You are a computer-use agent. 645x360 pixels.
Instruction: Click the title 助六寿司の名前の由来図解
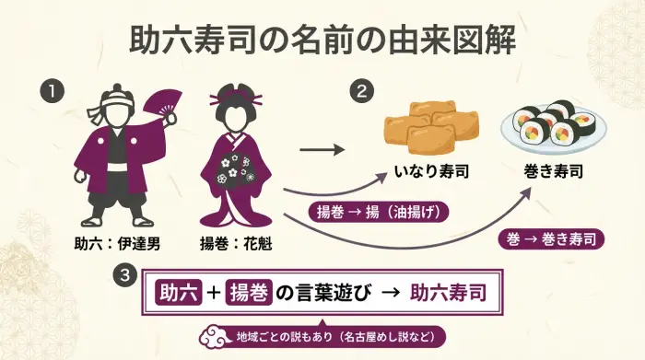[322, 41]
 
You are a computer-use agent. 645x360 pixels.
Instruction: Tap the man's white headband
[117, 94]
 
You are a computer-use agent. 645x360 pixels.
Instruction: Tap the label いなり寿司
[428, 171]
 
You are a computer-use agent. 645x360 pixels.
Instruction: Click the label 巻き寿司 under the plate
[554, 171]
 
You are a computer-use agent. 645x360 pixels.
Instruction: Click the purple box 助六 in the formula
[178, 294]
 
